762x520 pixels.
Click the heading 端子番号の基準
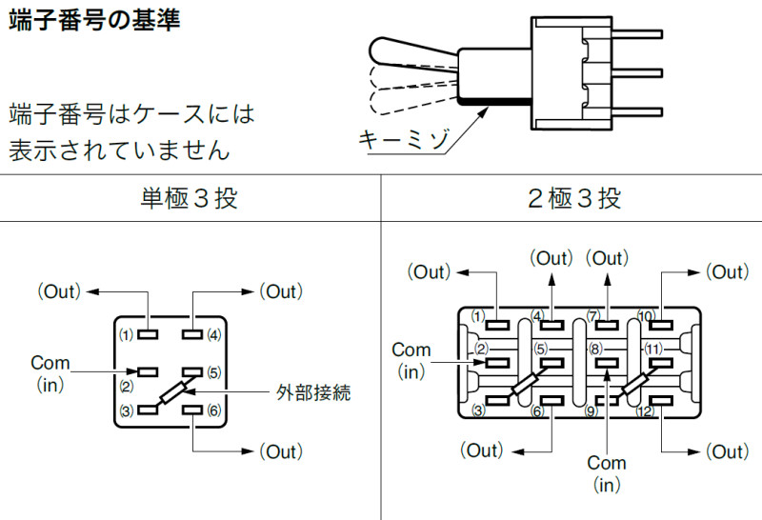pyautogui.click(x=94, y=20)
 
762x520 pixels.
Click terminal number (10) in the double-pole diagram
pyautogui.click(x=645, y=315)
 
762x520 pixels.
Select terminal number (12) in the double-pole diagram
pyautogui.click(x=645, y=410)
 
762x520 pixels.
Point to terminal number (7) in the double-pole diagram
pyautogui.click(x=592, y=315)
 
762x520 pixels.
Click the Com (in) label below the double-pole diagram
pyautogui.click(x=607, y=473)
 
